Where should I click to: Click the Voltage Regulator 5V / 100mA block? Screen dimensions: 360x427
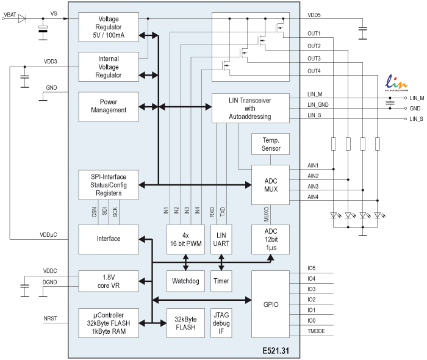click(109, 27)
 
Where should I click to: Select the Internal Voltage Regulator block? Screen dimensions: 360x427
click(109, 67)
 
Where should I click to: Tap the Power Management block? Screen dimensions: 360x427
click(109, 106)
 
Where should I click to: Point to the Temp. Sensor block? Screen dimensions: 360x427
click(270, 144)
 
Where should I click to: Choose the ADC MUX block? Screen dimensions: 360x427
click(270, 184)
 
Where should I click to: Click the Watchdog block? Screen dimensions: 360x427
click(185, 281)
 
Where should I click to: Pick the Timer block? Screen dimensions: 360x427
click(221, 281)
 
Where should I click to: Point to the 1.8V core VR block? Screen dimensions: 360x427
click(109, 281)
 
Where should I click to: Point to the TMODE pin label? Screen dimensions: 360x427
click(317, 331)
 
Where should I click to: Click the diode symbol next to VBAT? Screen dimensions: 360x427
click(23, 18)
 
